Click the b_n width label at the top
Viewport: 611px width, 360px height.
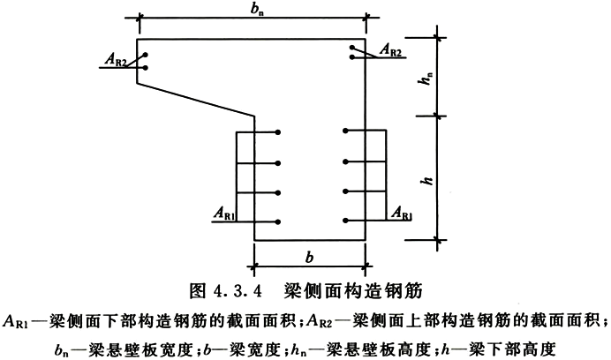256,10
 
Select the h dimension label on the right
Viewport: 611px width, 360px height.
428,180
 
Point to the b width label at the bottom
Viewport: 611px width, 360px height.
309,257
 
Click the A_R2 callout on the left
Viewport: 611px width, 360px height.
116,60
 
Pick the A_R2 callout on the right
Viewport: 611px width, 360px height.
390,50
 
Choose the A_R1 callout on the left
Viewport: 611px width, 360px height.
224,214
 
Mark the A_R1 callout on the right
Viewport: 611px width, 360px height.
402,213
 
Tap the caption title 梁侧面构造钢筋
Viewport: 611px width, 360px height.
354,290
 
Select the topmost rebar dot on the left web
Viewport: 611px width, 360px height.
278,132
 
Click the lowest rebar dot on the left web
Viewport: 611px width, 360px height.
278,222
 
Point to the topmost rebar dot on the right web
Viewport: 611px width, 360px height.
345,131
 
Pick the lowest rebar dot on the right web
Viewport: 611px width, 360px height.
345,221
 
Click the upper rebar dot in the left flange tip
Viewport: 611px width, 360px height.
146,55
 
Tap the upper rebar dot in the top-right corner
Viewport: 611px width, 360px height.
352,48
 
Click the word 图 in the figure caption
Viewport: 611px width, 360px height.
197,291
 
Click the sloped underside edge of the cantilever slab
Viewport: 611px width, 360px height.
196,100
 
